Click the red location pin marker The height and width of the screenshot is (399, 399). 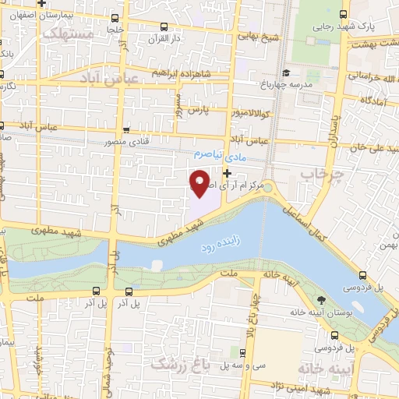200,183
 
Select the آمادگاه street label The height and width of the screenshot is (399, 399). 376,101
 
